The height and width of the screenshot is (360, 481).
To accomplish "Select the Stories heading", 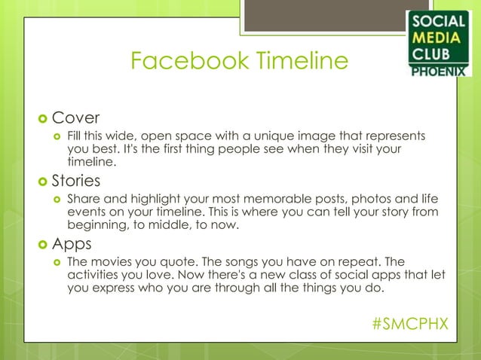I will [x=80, y=181].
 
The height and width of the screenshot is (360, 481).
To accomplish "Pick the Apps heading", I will [x=74, y=244].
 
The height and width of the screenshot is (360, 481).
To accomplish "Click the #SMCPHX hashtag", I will [x=409, y=323].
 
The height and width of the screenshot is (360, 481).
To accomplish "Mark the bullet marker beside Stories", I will [x=42, y=182].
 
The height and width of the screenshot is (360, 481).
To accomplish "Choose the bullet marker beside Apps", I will [x=42, y=245].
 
